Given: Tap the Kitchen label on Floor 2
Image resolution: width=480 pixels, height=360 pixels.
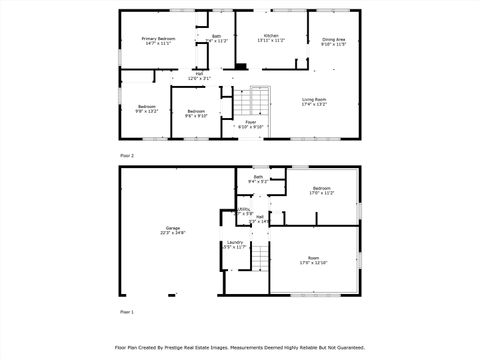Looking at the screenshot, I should pyautogui.click(x=271, y=38).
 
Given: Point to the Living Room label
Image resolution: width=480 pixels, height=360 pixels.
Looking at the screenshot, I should pyautogui.click(x=315, y=100).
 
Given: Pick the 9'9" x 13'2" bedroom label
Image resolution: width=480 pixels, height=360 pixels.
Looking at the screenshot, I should pyautogui.click(x=147, y=108).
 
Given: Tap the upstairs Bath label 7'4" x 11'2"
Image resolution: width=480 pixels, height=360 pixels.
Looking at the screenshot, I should pyautogui.click(x=217, y=38).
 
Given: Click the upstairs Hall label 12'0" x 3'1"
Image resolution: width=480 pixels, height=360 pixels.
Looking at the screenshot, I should pyautogui.click(x=199, y=75).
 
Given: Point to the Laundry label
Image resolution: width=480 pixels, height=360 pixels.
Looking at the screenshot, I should pyautogui.click(x=235, y=244).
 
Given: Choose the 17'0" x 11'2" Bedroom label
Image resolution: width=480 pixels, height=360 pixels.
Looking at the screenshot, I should pyautogui.click(x=321, y=190).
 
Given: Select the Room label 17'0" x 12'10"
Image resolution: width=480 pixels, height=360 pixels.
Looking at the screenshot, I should pyautogui.click(x=313, y=260).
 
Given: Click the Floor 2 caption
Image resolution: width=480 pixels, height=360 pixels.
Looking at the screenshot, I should pyautogui.click(x=127, y=156).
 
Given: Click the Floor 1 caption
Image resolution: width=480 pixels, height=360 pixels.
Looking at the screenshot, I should pyautogui.click(x=127, y=313).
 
